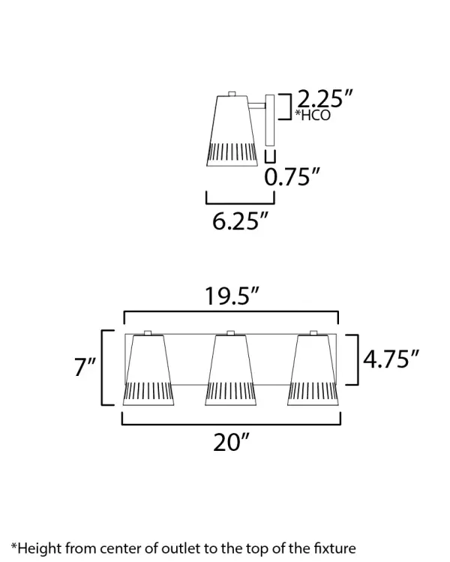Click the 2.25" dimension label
pyautogui.click(x=325, y=98)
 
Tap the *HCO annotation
pyautogui.click(x=313, y=115)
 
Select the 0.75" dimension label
pyautogui.click(x=292, y=176)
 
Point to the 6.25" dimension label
pyautogui.click(x=240, y=221)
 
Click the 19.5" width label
pyautogui.click(x=232, y=296)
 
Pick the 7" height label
pyautogui.click(x=85, y=367)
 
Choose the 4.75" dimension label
pyautogui.click(x=391, y=359)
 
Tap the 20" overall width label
pyautogui.click(x=231, y=442)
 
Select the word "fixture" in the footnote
pyautogui.click(x=335, y=548)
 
